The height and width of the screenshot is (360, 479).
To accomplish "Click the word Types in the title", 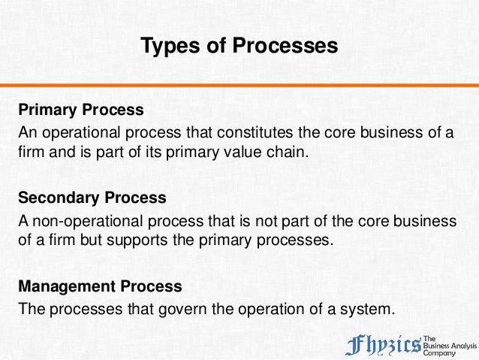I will (166, 46).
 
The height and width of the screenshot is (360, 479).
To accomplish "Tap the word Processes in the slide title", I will (286, 46).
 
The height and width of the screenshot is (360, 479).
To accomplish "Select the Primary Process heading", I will (81, 110).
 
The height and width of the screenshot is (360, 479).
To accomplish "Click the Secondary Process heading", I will (92, 198).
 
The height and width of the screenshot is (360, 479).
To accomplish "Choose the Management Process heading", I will (100, 286).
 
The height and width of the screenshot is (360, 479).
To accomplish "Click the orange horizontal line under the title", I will (239, 85).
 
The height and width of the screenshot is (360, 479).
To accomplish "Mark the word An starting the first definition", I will (28, 134).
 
